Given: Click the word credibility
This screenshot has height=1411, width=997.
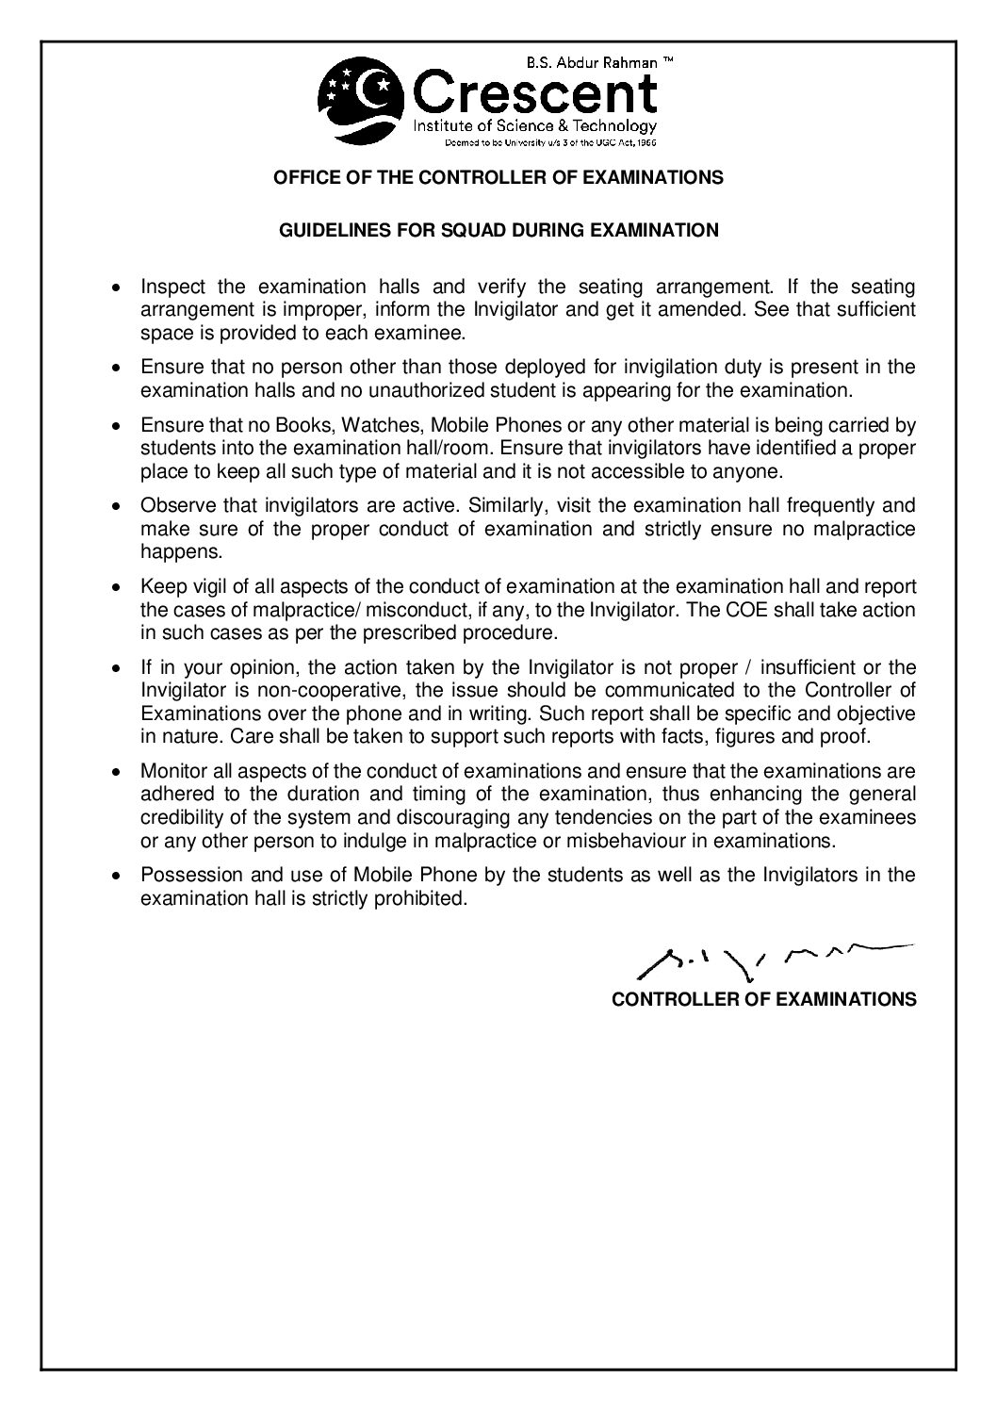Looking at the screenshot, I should (184, 816).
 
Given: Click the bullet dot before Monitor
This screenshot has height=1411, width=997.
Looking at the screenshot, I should (116, 771).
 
